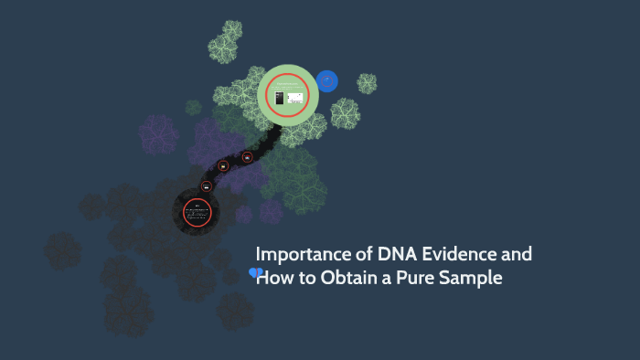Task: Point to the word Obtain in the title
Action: (x=347, y=278)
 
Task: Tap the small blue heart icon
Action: (x=255, y=272)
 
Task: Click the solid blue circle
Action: (x=326, y=81)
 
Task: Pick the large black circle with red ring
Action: (x=197, y=214)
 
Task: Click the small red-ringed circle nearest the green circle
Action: (x=247, y=156)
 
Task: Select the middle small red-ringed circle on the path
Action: (x=224, y=166)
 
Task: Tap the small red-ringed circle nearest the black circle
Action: (x=207, y=185)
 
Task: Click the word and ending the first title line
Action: (x=515, y=254)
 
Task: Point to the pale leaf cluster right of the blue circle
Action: (x=367, y=83)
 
